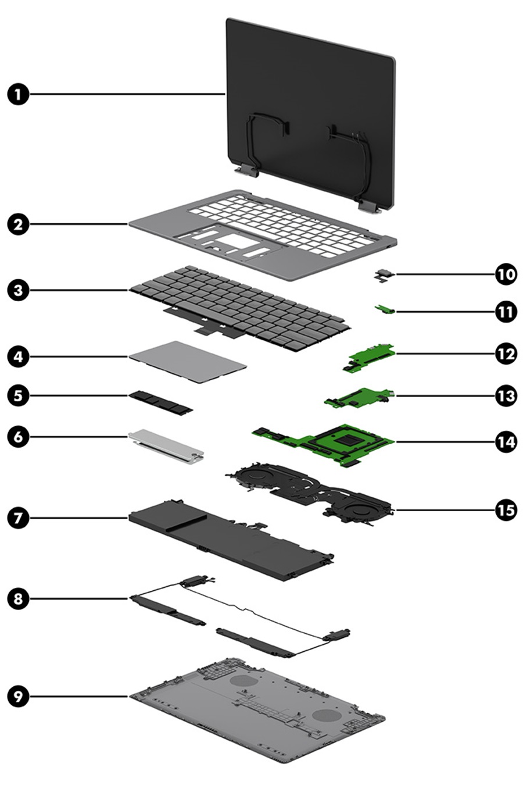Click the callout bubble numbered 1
tap(19, 94)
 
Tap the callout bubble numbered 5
tap(19, 395)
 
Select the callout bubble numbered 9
tap(19, 696)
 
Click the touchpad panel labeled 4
tap(187, 362)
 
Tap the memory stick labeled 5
tap(160, 402)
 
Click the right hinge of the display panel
tap(367, 205)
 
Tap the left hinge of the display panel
tap(246, 170)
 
